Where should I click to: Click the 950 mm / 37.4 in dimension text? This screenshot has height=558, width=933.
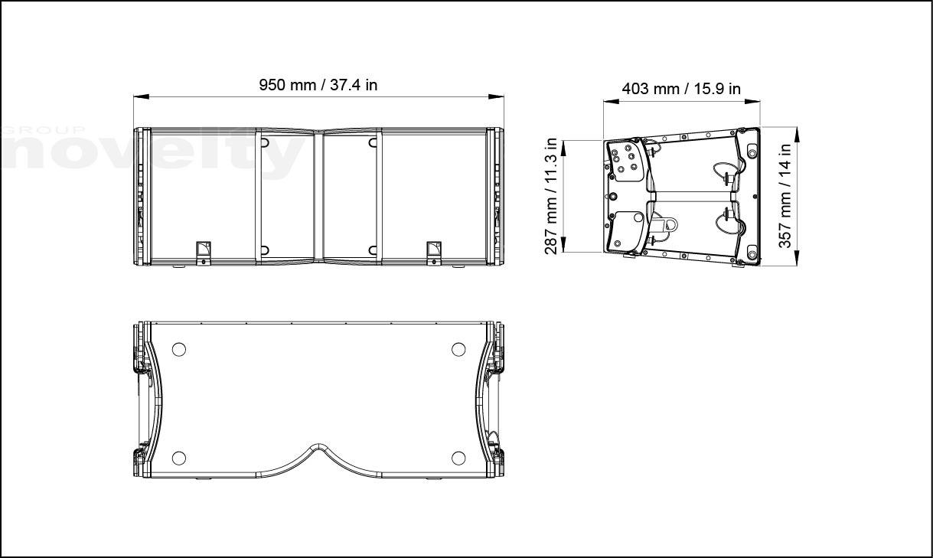pos(318,85)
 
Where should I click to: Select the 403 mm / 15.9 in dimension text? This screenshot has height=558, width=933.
pos(681,89)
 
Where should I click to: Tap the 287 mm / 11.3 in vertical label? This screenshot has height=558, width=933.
pos(551,196)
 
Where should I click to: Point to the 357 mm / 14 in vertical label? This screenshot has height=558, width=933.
pos(785,196)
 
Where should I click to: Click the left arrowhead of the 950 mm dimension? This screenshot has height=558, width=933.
pos(141,96)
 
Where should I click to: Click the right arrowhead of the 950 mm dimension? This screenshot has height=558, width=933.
pos(496,96)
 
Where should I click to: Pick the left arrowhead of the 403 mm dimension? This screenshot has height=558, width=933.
pos(611,101)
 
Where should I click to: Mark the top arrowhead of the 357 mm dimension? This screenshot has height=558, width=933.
pos(797,135)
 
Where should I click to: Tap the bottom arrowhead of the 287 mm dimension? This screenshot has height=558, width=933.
pos(563,244)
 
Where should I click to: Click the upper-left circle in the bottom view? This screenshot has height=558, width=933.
pos(179,349)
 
